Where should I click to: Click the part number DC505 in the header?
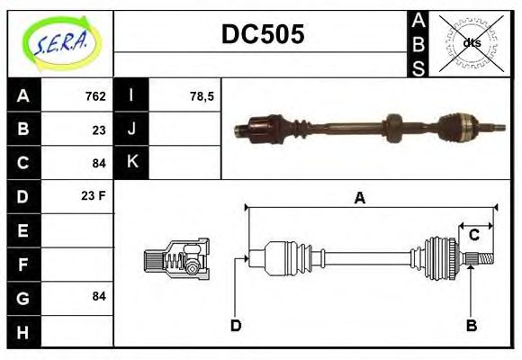tap(263, 35)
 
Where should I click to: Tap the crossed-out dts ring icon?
tap(471, 42)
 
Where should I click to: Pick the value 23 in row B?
tap(99, 130)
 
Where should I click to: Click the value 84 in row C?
tap(99, 163)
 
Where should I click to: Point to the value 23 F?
tap(94, 196)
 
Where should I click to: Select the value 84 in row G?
tap(99, 296)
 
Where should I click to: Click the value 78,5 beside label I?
tap(202, 96)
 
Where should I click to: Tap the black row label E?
tap(22, 229)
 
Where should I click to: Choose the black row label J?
tap(132, 130)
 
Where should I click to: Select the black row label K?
tap(132, 163)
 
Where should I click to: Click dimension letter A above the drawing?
tap(359, 198)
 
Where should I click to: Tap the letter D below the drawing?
tap(236, 325)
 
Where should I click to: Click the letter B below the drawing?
tap(471, 325)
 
